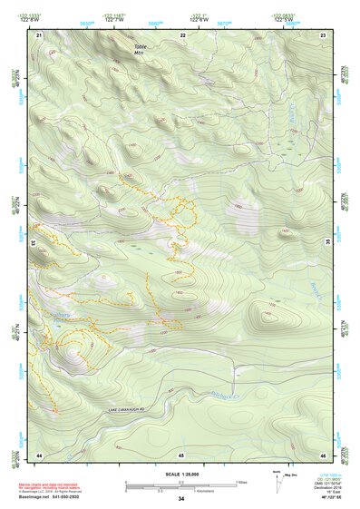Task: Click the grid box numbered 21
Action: pyautogui.click(x=39, y=34)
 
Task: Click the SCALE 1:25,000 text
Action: pyautogui.click(x=180, y=474)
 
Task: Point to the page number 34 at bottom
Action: pyautogui.click(x=181, y=499)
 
